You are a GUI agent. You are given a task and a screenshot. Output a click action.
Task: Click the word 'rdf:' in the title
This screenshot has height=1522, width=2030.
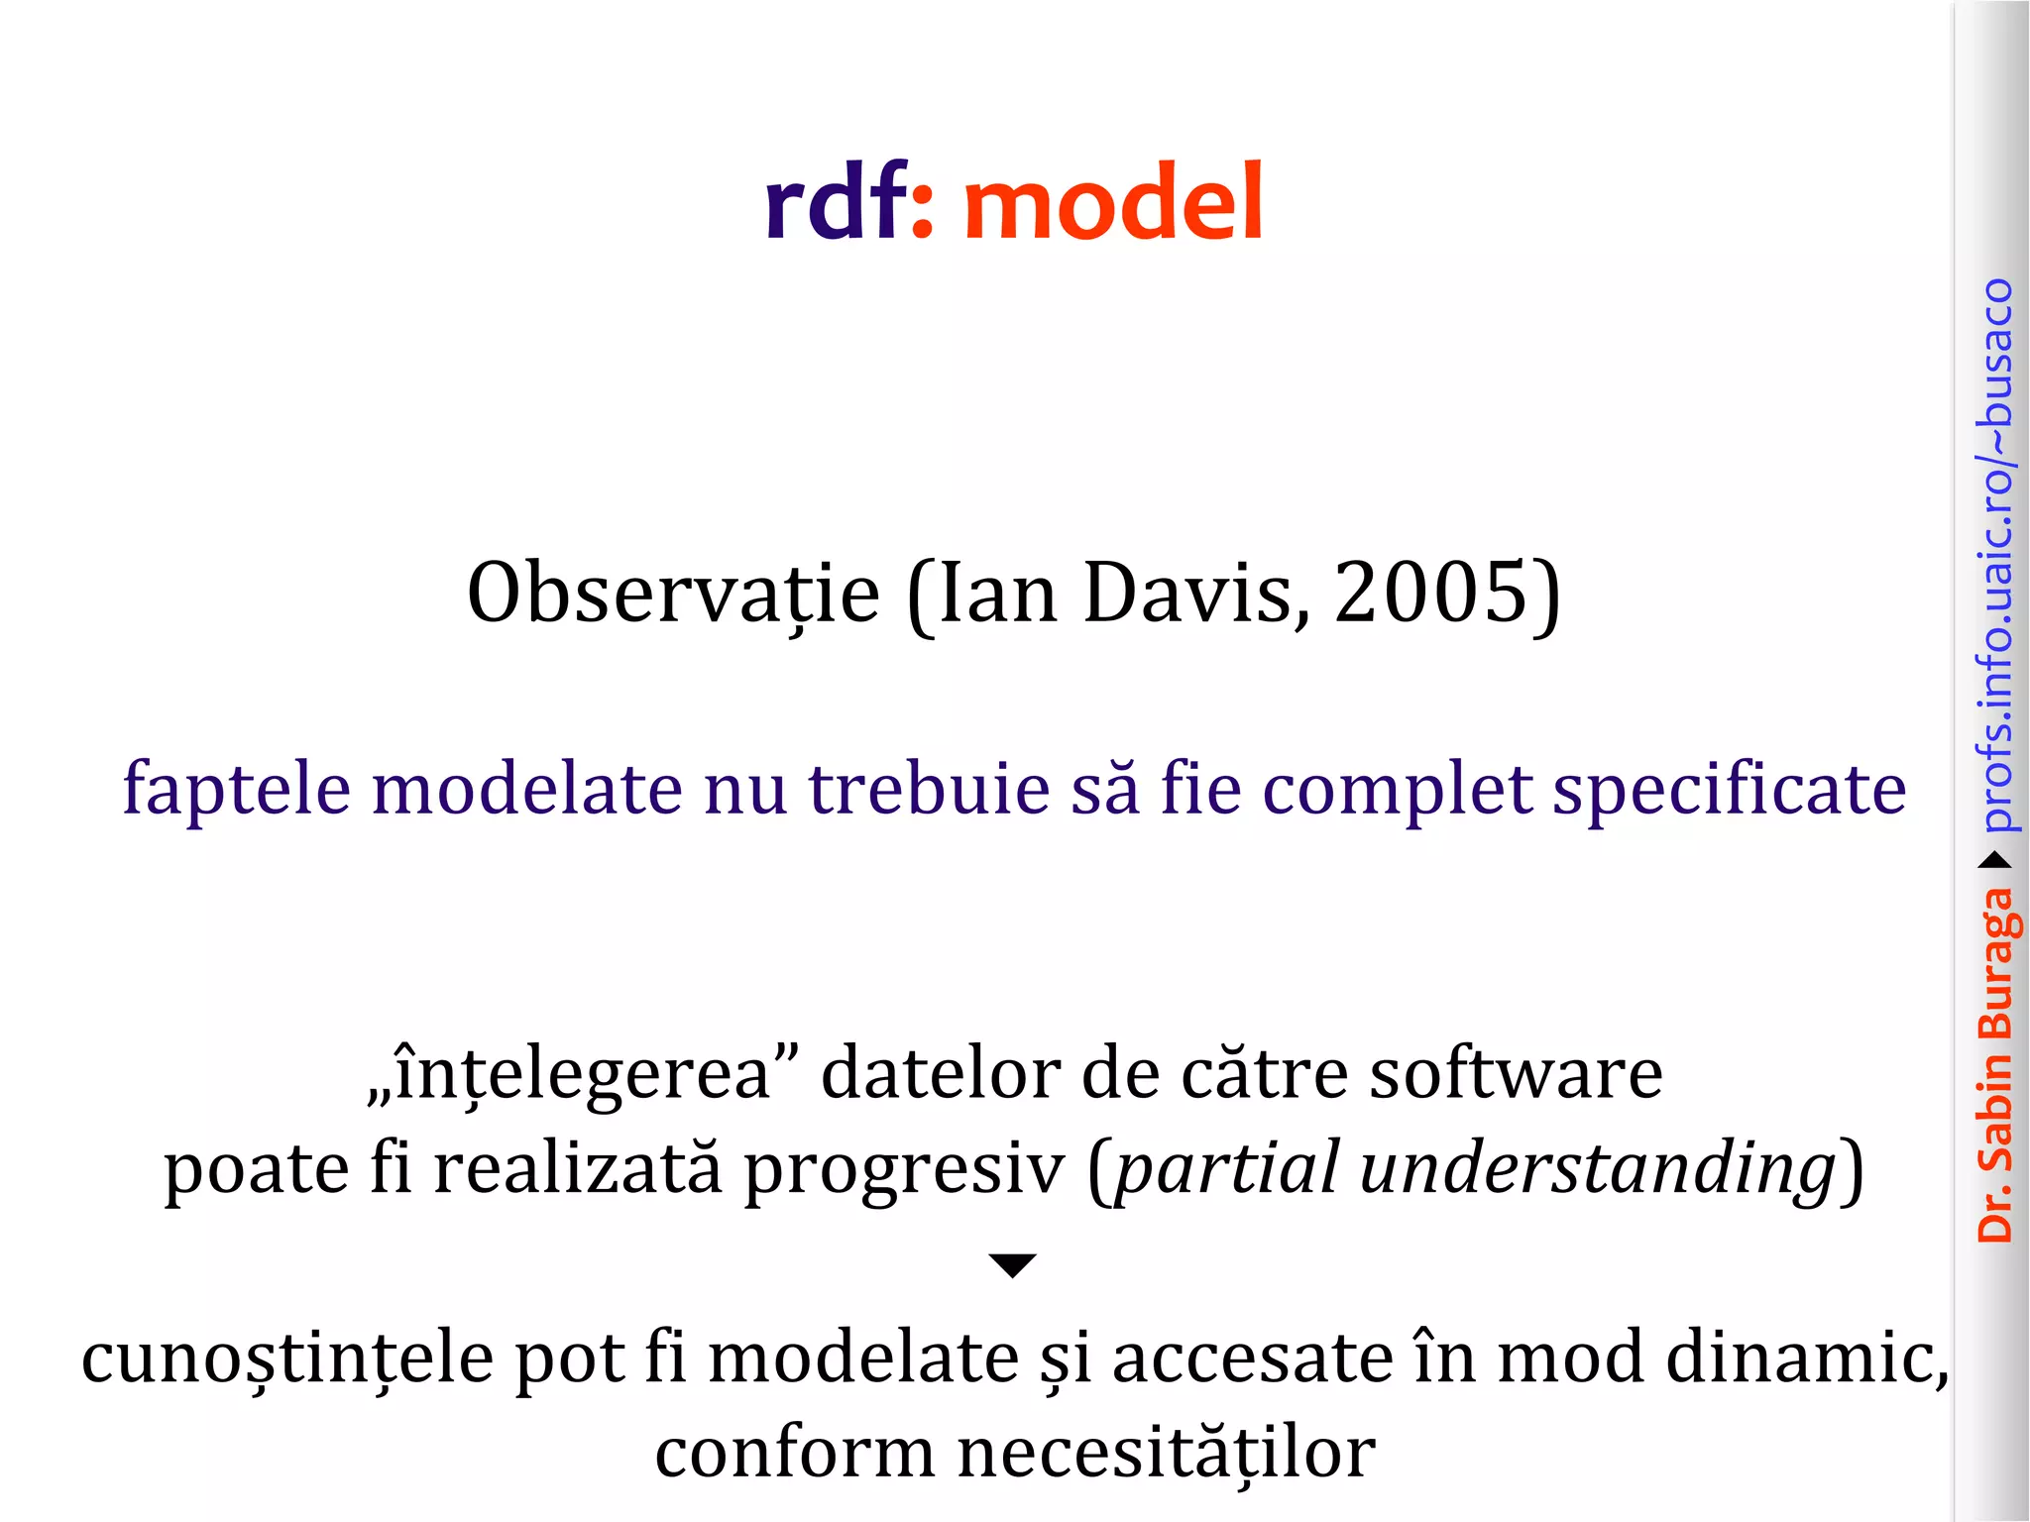[x=847, y=203]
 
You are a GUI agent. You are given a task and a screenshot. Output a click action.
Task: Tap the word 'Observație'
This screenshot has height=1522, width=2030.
[x=673, y=595]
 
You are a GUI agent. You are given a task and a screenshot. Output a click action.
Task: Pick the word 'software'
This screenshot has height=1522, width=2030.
[x=1516, y=1074]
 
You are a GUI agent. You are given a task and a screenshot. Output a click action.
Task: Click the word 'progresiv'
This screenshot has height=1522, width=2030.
[x=904, y=1169]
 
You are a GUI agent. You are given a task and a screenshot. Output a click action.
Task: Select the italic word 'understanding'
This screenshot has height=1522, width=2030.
[x=1598, y=1169]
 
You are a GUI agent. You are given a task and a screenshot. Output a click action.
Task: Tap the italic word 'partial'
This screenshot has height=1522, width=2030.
[x=1228, y=1169]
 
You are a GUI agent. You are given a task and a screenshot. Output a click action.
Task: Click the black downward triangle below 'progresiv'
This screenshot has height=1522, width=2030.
[x=1012, y=1265]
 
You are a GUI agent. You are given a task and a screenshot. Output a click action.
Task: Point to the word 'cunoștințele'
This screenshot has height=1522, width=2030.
[x=287, y=1359]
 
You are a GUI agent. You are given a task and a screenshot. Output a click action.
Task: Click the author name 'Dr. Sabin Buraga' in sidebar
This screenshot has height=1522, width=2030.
[x=1996, y=1065]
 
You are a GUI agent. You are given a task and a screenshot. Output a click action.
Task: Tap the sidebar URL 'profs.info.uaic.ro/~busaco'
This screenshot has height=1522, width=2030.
[x=1996, y=555]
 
